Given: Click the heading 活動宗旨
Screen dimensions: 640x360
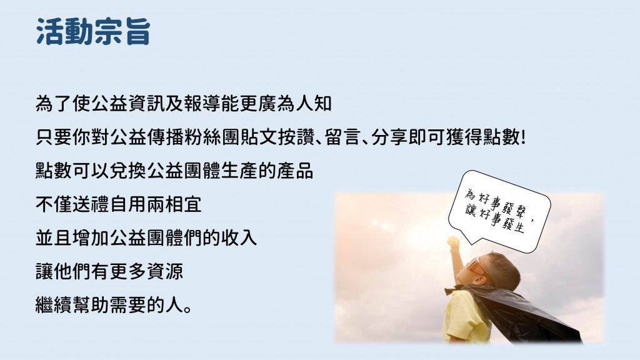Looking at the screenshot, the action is click(x=94, y=31).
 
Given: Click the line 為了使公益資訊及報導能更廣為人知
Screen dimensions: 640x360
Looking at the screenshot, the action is click(x=183, y=103).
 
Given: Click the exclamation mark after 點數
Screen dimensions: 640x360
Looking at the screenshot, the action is click(x=522, y=137).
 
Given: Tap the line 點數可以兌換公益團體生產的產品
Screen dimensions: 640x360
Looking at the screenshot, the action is click(x=174, y=171).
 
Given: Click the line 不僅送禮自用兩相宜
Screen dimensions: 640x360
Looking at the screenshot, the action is click(x=118, y=204).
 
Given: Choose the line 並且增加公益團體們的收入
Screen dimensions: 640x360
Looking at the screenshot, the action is click(x=146, y=237).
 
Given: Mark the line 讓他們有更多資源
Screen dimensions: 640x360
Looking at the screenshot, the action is click(x=109, y=271).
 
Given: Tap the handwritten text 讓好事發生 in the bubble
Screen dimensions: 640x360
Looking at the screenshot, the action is click(x=495, y=218).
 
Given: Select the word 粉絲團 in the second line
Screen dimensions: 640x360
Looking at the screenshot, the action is click(x=211, y=137).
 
